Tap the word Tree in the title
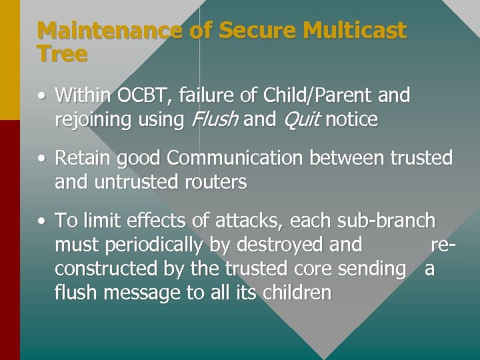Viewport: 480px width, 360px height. [x=62, y=54]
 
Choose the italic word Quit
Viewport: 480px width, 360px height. [x=301, y=120]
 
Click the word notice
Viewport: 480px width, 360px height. [x=352, y=120]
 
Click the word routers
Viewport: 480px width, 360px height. [x=214, y=182]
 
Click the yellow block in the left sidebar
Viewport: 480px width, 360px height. [x=9, y=60]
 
